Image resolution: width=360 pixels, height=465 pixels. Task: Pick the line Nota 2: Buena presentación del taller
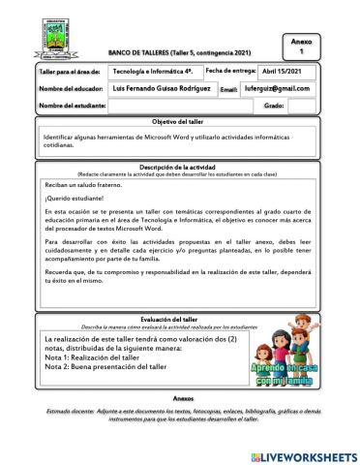pos(116,368)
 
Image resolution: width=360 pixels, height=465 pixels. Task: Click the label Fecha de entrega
pos(230,71)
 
